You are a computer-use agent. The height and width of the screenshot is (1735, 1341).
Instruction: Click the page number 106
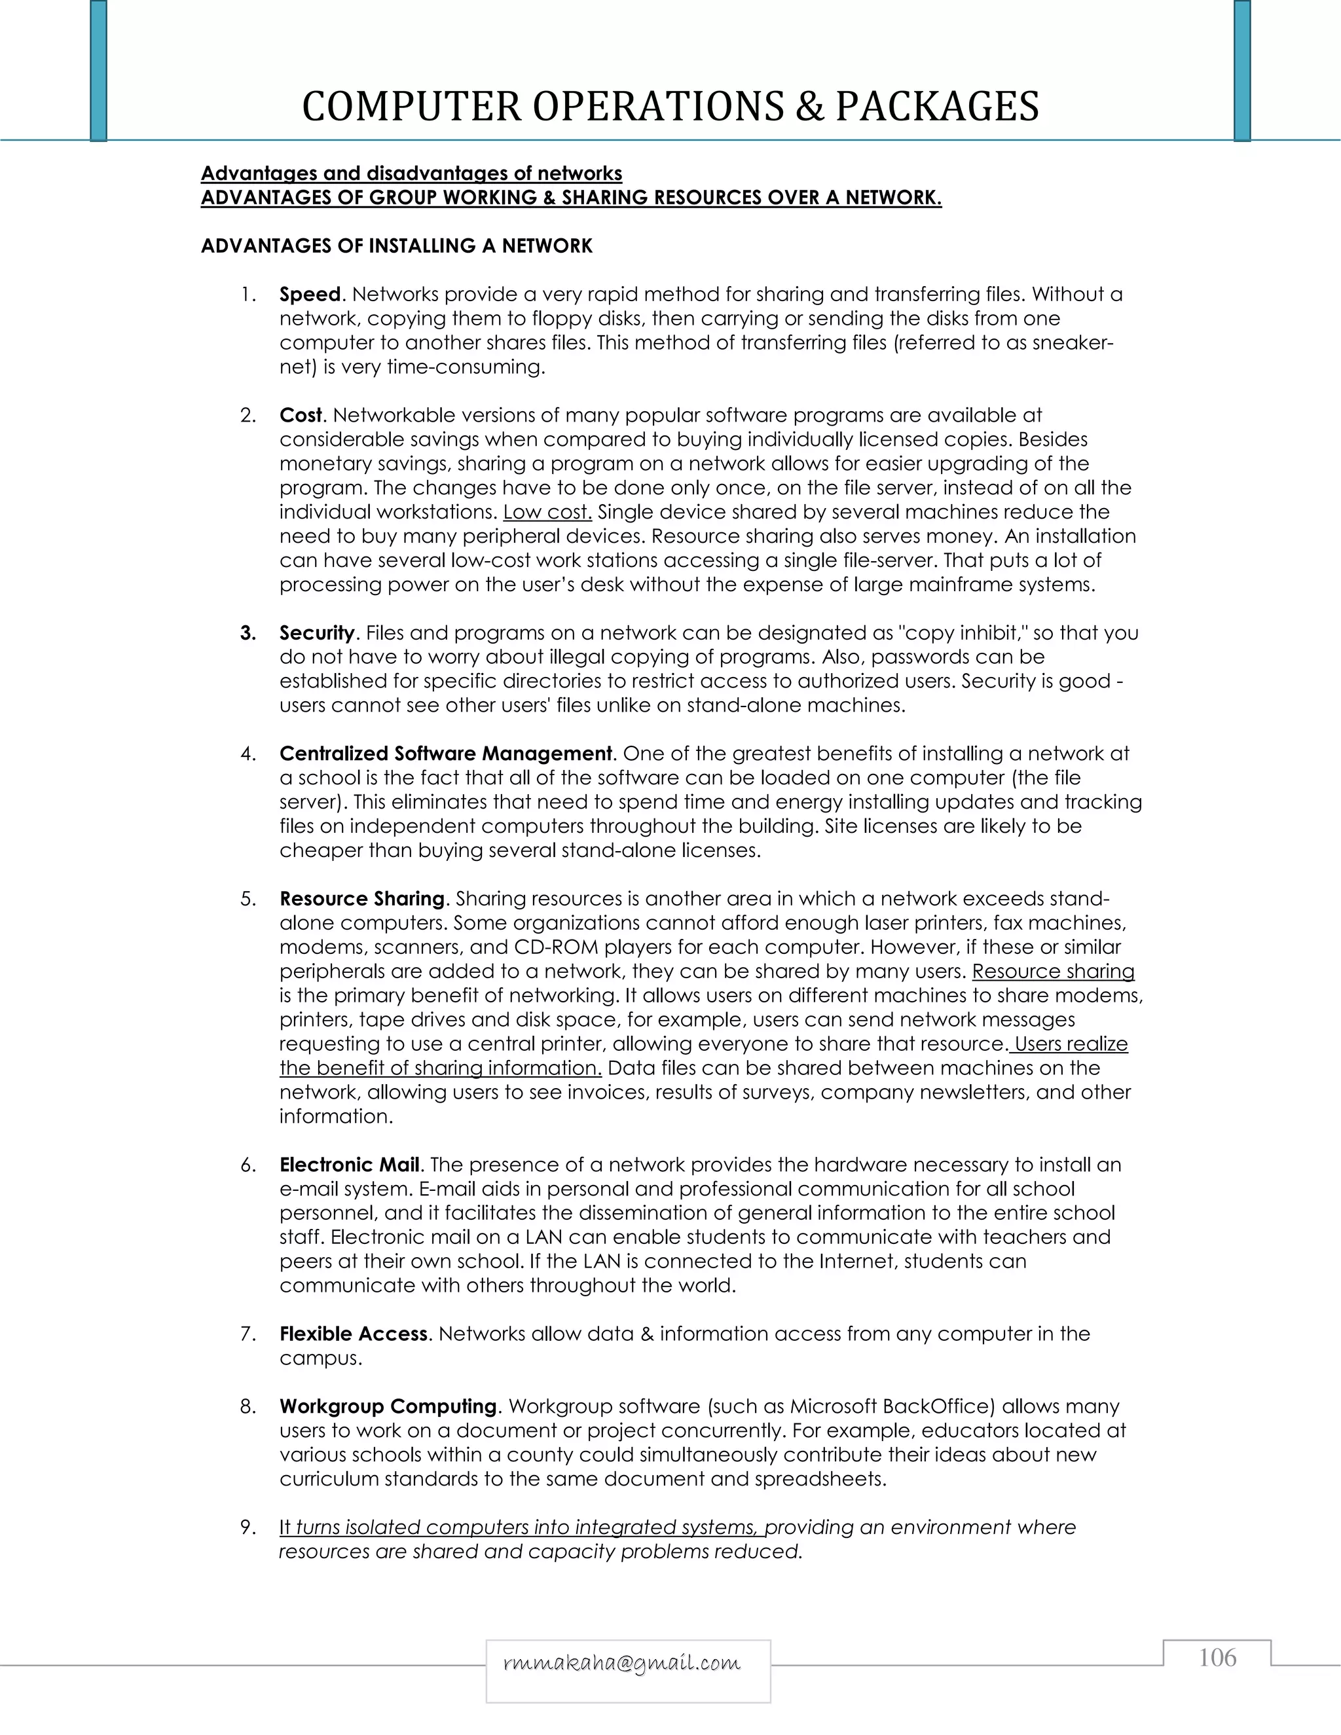(1217, 1657)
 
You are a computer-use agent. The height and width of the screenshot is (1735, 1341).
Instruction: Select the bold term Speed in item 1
(310, 295)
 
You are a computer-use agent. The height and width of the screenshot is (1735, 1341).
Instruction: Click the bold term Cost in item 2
(301, 416)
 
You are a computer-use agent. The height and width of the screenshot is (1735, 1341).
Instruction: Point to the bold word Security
(316, 633)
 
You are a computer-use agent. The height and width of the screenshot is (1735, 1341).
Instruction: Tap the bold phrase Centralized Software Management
(446, 753)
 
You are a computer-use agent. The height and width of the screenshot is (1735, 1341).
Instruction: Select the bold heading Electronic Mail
(349, 1165)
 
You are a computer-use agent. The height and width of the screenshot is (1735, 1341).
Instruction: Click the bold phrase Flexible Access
(354, 1334)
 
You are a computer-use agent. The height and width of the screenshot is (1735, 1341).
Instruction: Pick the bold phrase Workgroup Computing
(388, 1406)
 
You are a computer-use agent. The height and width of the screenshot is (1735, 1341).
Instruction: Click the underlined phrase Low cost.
(547, 513)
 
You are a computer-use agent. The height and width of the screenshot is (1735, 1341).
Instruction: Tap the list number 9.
(247, 1527)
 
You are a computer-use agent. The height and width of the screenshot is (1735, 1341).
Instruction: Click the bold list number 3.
(248, 633)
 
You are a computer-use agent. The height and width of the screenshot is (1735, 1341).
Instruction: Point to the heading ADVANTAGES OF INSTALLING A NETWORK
(396, 246)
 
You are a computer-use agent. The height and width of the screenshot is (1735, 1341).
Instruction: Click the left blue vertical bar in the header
(98, 71)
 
